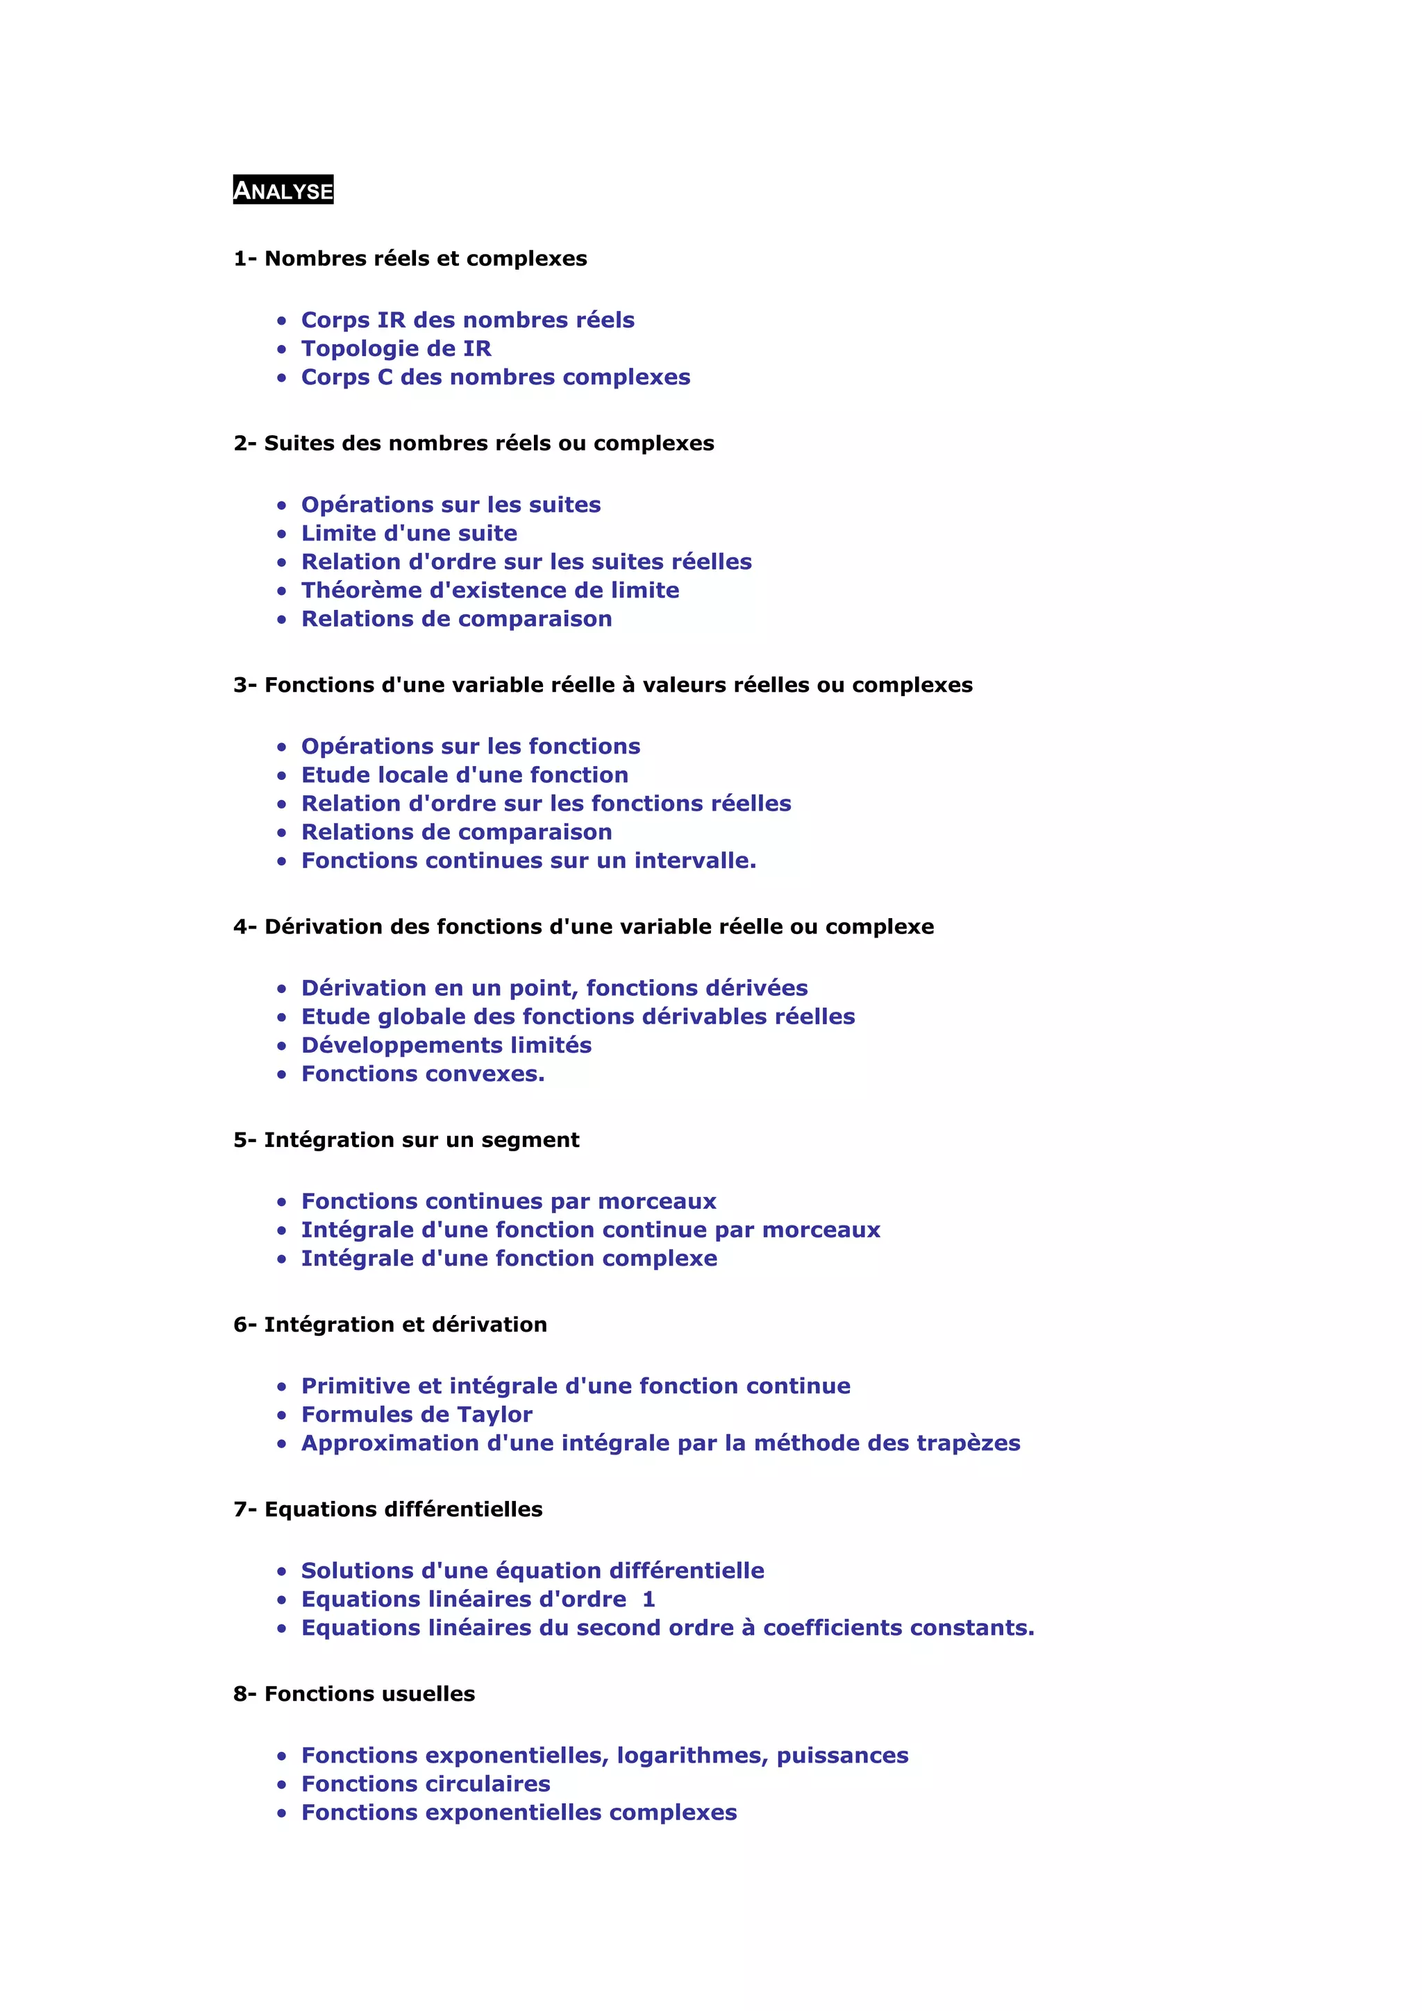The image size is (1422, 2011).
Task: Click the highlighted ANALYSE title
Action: pos(283,190)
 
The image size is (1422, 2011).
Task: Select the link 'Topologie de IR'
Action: pos(396,348)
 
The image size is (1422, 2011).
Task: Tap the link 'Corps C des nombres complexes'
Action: pos(495,377)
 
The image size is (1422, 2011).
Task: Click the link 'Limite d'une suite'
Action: pos(409,534)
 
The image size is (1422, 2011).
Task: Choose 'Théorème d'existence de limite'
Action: pos(490,591)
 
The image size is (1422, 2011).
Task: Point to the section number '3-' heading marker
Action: pos(244,685)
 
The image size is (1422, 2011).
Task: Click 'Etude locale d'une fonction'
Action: pos(465,775)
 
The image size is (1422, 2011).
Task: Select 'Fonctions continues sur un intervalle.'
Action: pos(528,861)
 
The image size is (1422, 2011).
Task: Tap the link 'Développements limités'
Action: pos(446,1045)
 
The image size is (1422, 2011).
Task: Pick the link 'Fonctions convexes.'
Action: pos(422,1074)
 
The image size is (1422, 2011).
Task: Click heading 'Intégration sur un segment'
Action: pos(421,1139)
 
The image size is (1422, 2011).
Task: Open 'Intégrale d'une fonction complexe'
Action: pos(509,1259)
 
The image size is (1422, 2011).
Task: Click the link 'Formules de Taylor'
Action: pos(416,1414)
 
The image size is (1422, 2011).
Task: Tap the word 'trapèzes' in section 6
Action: pos(970,1443)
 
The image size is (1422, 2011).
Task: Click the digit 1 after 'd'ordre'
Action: pos(649,1600)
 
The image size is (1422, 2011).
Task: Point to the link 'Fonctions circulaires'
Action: pos(426,1784)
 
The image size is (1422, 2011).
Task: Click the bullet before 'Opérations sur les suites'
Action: pos(281,505)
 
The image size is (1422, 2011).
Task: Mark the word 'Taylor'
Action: pos(495,1414)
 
